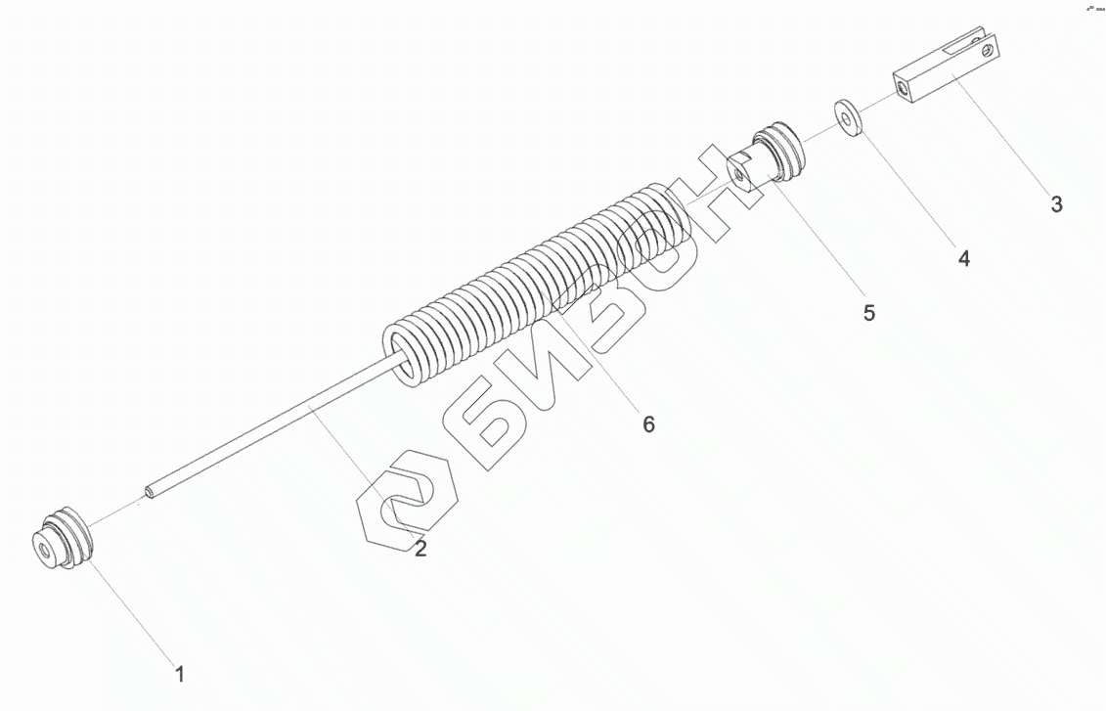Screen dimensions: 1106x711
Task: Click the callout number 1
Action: [x=179, y=673]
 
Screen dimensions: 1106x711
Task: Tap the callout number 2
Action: [x=420, y=549]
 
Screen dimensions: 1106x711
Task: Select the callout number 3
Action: [x=1056, y=204]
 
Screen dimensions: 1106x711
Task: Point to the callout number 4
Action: [x=963, y=258]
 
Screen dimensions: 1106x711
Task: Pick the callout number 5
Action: [x=868, y=313]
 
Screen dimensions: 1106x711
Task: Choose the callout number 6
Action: [x=648, y=423]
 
